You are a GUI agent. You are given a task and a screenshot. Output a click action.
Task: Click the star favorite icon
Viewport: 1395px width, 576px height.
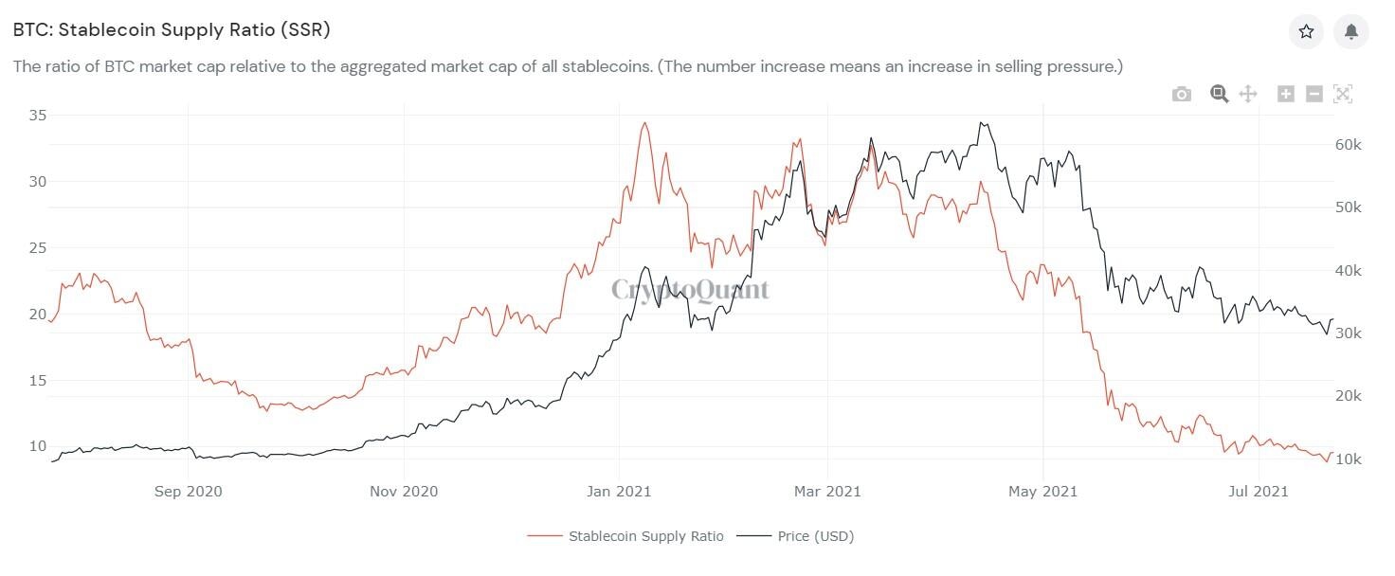(x=1306, y=31)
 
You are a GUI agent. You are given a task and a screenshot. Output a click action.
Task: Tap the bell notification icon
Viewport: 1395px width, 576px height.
(x=1351, y=31)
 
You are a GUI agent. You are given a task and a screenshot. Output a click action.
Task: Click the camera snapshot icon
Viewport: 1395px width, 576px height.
(x=1181, y=94)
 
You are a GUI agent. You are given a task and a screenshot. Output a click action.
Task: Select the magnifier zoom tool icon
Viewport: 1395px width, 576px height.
(x=1219, y=93)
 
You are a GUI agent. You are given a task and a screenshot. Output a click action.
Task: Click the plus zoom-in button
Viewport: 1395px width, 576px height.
(x=1285, y=93)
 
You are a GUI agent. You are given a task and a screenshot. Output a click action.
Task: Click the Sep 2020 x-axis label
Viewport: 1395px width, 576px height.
(x=188, y=492)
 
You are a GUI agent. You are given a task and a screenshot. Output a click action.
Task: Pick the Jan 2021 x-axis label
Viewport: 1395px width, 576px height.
(x=619, y=492)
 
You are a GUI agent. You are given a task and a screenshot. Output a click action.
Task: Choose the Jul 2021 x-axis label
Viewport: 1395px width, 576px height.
(x=1258, y=492)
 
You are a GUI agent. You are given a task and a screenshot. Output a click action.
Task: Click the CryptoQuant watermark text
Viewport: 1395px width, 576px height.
(x=689, y=290)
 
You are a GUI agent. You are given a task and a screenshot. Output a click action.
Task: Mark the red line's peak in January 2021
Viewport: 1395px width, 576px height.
(x=644, y=123)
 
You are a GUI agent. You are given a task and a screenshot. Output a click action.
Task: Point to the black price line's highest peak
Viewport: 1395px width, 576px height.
(x=982, y=122)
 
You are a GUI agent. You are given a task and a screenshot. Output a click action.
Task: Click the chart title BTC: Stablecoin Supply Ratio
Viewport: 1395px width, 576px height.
(x=172, y=30)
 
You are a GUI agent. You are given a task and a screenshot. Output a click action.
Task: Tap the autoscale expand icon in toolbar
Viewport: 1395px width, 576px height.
(x=1342, y=93)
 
